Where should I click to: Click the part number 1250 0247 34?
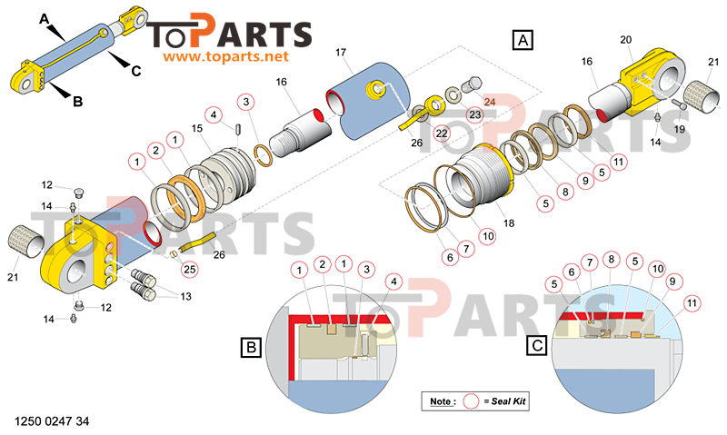[x=52, y=421]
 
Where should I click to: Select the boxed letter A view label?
[x=523, y=40]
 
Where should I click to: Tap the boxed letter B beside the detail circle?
[x=252, y=347]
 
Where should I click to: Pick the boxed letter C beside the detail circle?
[x=537, y=345]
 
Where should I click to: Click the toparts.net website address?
[x=225, y=56]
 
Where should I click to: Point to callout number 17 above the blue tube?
[x=341, y=53]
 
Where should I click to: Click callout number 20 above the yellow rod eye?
[x=626, y=40]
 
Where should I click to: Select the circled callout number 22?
[x=442, y=133]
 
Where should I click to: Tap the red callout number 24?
[x=490, y=102]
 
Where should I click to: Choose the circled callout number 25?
[x=190, y=269]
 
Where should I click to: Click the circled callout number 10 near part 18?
[x=488, y=236]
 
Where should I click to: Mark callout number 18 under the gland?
[x=509, y=223]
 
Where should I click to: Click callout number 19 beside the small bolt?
[x=679, y=129]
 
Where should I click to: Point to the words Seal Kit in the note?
[x=508, y=401]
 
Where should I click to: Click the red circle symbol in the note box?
[x=471, y=401]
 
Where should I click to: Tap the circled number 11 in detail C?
[x=692, y=303]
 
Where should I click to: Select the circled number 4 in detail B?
[x=393, y=282]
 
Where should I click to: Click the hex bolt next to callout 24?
[x=472, y=84]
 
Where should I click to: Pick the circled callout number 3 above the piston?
[x=246, y=102]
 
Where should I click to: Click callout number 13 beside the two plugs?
[x=186, y=296]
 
